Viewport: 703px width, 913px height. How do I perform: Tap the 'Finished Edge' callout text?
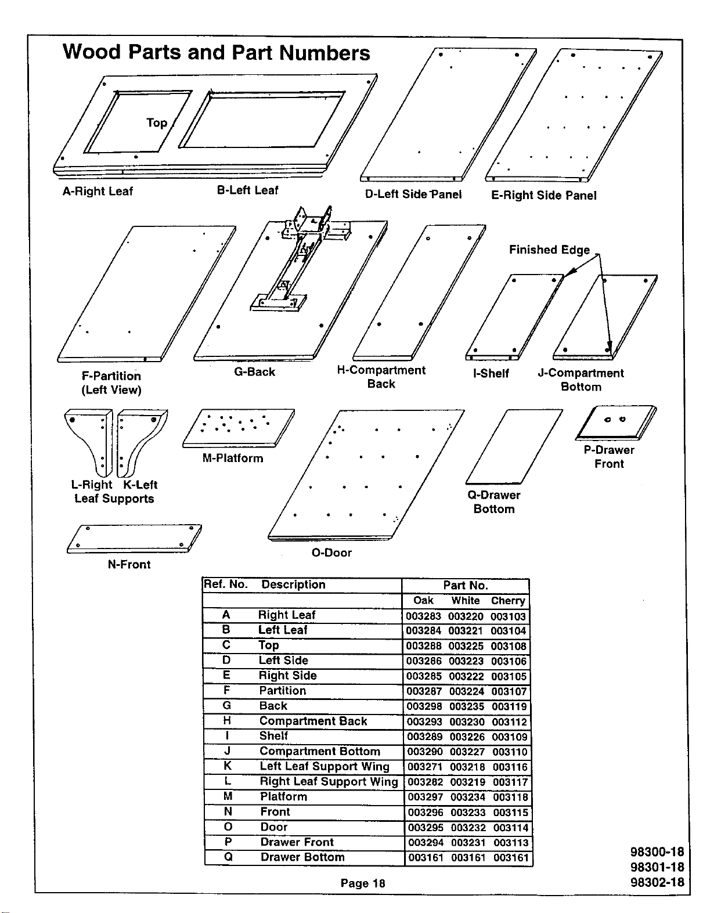coord(549,250)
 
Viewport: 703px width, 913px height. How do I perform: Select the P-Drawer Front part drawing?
coord(615,423)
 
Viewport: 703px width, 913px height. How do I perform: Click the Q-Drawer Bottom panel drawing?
coord(514,446)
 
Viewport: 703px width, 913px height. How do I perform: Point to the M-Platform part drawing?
coord(238,428)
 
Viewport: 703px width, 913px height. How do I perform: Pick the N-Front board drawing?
coord(134,539)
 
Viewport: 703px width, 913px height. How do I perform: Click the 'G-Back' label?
coord(254,372)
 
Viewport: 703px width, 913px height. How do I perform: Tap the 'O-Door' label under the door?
coord(331,553)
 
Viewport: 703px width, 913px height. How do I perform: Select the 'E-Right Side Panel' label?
coord(543,196)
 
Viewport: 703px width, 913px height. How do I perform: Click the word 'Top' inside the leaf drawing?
coord(157,123)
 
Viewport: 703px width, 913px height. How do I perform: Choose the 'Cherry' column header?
coord(508,601)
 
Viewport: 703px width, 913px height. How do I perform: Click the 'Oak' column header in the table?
coord(423,600)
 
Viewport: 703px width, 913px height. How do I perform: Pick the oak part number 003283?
coord(423,616)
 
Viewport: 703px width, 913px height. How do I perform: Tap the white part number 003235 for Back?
coord(467,707)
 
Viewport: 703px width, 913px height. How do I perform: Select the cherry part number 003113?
coord(511,843)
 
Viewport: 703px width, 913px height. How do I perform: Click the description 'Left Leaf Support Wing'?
coord(325,766)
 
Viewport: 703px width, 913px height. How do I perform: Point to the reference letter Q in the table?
coord(228,857)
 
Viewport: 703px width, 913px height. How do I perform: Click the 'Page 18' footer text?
coord(363,883)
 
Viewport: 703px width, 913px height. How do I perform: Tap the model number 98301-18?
coord(657,867)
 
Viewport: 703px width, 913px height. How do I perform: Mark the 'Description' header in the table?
coord(293,584)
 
